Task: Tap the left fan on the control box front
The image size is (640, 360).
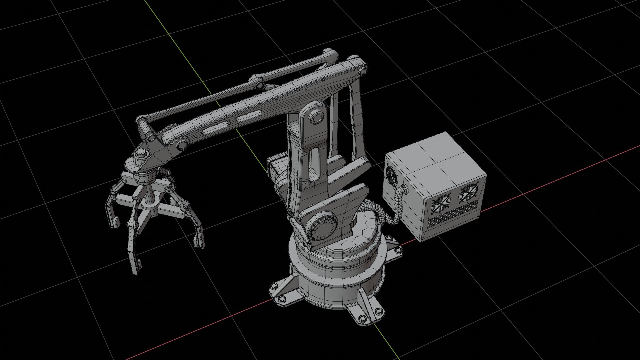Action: (x=440, y=203)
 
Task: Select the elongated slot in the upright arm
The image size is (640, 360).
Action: (x=314, y=165)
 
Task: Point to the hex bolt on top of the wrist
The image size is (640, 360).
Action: (x=141, y=154)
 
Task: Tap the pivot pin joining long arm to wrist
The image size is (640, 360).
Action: (x=182, y=144)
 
